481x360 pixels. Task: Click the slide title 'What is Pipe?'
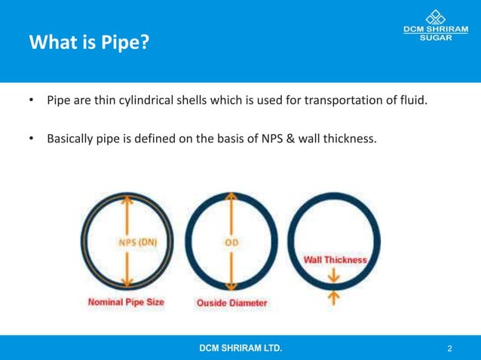(x=88, y=42)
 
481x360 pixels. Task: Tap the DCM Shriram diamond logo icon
(x=436, y=17)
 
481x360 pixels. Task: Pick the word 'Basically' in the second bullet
(x=72, y=138)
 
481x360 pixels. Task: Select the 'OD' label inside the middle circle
(x=231, y=243)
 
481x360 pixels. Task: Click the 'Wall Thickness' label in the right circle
(x=335, y=260)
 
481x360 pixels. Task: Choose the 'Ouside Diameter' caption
(x=231, y=303)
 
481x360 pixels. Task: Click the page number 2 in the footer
(x=449, y=348)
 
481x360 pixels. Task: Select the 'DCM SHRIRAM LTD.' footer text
(x=241, y=348)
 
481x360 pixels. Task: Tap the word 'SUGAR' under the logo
(x=436, y=38)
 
